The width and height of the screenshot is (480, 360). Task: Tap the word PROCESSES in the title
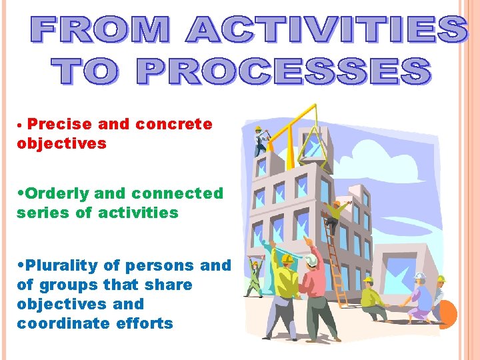[x=293, y=71]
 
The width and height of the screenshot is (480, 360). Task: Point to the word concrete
[x=174, y=124]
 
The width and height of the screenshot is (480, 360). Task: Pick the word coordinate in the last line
[x=60, y=323]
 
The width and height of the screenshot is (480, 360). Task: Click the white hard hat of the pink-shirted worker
[x=311, y=259]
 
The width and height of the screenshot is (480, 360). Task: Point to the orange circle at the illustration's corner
[x=448, y=314]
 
